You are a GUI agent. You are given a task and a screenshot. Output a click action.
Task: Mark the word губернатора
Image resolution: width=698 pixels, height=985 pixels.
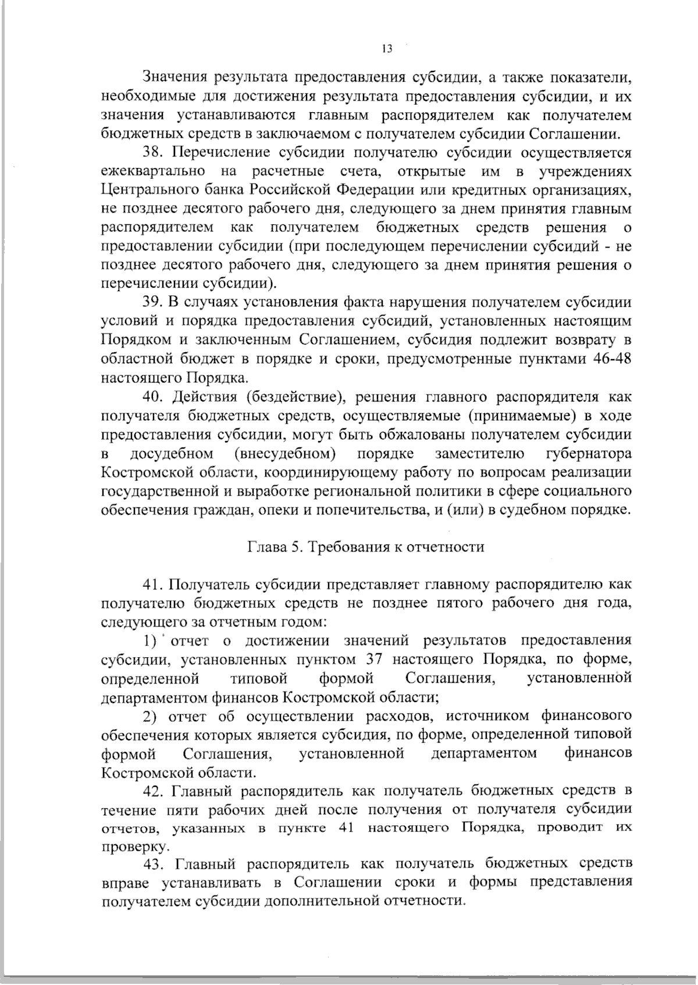[x=589, y=453]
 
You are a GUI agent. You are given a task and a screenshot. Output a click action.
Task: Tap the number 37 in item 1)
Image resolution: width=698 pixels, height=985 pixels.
[x=374, y=660]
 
